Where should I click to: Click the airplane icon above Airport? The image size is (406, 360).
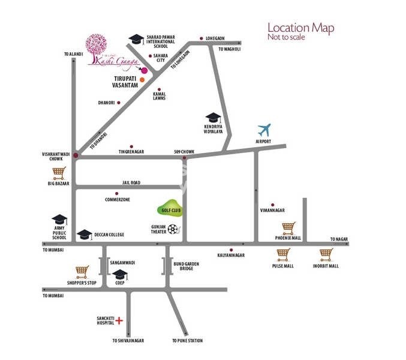[264, 130]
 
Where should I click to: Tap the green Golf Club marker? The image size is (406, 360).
[169, 208]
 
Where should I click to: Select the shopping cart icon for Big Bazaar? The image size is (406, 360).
[58, 173]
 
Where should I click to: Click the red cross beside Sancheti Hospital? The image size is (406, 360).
[119, 321]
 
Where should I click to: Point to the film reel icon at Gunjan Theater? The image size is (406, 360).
[173, 229]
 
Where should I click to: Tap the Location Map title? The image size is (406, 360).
[300, 28]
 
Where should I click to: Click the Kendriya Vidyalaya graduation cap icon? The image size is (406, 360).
[213, 118]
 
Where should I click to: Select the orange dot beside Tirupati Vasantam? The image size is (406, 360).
[142, 79]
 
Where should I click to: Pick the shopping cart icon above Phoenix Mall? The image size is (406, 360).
[288, 228]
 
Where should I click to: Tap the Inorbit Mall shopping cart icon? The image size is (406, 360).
[326, 254]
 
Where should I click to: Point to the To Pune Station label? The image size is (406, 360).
[188, 341]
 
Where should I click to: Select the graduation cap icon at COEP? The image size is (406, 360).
[120, 274]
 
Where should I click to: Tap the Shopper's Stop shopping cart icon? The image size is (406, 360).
[82, 271]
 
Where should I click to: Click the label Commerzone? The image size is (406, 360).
[118, 199]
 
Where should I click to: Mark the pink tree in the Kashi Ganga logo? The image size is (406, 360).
[97, 45]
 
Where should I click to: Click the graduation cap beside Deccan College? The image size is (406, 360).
[85, 234]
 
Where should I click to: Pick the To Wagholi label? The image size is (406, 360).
[229, 49]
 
